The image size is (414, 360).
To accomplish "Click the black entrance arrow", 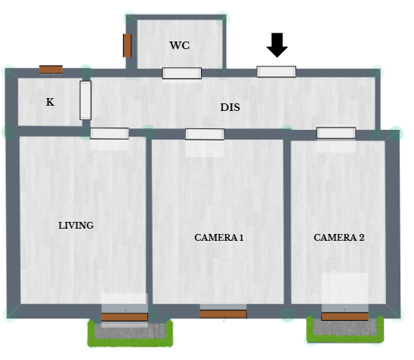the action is (277, 45).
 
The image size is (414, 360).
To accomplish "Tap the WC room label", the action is (180, 45).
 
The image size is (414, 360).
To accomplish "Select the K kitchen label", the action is (50, 102).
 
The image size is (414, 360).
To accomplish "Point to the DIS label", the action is (230, 107).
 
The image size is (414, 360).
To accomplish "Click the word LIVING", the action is (76, 226).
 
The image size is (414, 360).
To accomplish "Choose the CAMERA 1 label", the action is (219, 238).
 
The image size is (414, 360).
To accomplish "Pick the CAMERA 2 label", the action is (339, 238).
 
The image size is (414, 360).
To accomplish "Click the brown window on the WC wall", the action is (127, 45).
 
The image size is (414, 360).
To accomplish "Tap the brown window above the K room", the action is (51, 69).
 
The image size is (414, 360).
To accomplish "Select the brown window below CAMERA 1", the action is (223, 314).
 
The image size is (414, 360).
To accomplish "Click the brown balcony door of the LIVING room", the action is (125, 317).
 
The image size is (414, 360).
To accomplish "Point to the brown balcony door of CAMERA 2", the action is (344, 316).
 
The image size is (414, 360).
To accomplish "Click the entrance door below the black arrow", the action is (277, 72).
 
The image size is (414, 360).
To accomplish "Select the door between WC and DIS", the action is (182, 73).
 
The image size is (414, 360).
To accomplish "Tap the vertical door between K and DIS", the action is (85, 100).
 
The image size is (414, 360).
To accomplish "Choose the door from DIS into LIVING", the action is (110, 133).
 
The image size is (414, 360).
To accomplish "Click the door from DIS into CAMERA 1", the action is (205, 134).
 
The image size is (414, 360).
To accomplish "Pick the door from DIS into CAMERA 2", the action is (336, 133).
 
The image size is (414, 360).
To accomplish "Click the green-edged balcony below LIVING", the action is (130, 334).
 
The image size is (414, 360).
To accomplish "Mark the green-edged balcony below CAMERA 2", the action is (345, 330).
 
